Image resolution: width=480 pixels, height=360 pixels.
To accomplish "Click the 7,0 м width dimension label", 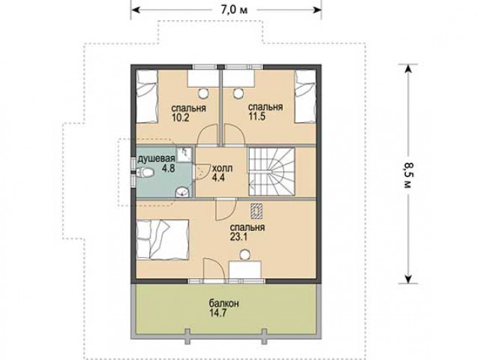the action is pos(234,10).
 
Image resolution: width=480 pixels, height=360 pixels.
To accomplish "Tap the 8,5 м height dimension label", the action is pos(408,175).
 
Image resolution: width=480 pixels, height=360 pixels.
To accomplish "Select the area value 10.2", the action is pos(180,118).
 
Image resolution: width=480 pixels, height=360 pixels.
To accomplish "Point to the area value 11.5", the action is pos(256,117).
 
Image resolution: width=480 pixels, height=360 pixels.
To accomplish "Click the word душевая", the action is pos(156,158).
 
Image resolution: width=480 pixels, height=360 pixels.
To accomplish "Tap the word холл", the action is pos(223,168).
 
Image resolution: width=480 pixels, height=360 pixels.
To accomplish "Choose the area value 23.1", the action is pos(238,237).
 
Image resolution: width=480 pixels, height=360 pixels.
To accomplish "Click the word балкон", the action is pos(224,304).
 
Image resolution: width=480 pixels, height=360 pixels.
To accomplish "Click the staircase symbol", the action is pos(271,172).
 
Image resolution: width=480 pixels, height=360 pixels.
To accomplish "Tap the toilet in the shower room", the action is pos(145,173).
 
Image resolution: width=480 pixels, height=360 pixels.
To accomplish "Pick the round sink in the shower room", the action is pos(182,192).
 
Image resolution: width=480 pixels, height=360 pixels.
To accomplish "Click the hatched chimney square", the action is pos(256,211).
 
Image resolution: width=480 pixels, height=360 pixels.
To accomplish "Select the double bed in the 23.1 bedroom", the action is pos(162,239).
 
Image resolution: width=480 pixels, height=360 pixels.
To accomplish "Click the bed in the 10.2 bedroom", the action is pos(147,97).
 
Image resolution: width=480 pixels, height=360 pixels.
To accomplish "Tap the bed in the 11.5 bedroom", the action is pos(305,97).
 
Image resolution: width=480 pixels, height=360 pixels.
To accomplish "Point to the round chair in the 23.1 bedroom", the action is pos(244,254).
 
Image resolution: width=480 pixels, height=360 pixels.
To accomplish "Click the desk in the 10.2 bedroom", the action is pos(203,78).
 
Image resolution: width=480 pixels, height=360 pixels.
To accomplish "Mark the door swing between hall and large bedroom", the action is pos(226,209).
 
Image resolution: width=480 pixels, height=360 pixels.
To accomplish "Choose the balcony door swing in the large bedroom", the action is pos(214,269).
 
